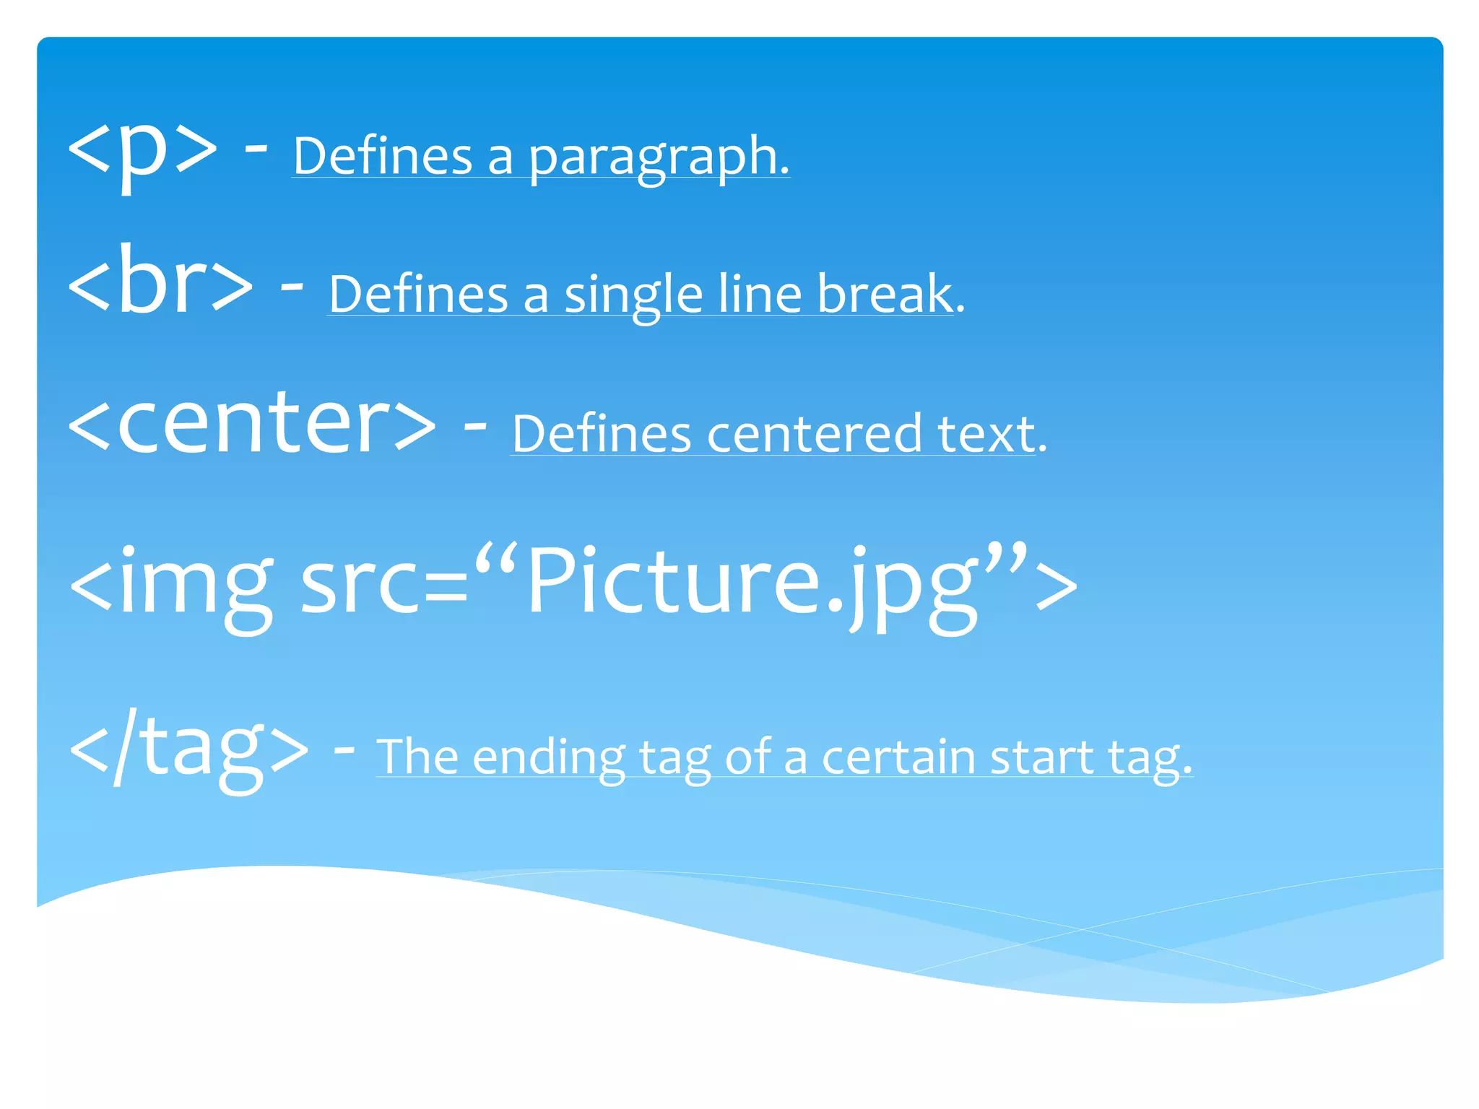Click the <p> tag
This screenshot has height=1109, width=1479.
(142, 149)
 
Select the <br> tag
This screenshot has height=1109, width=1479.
(160, 284)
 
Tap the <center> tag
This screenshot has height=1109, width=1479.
(252, 424)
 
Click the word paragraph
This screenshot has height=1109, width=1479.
(659, 157)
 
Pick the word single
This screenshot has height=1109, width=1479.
(633, 296)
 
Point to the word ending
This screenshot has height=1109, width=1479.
(550, 758)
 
